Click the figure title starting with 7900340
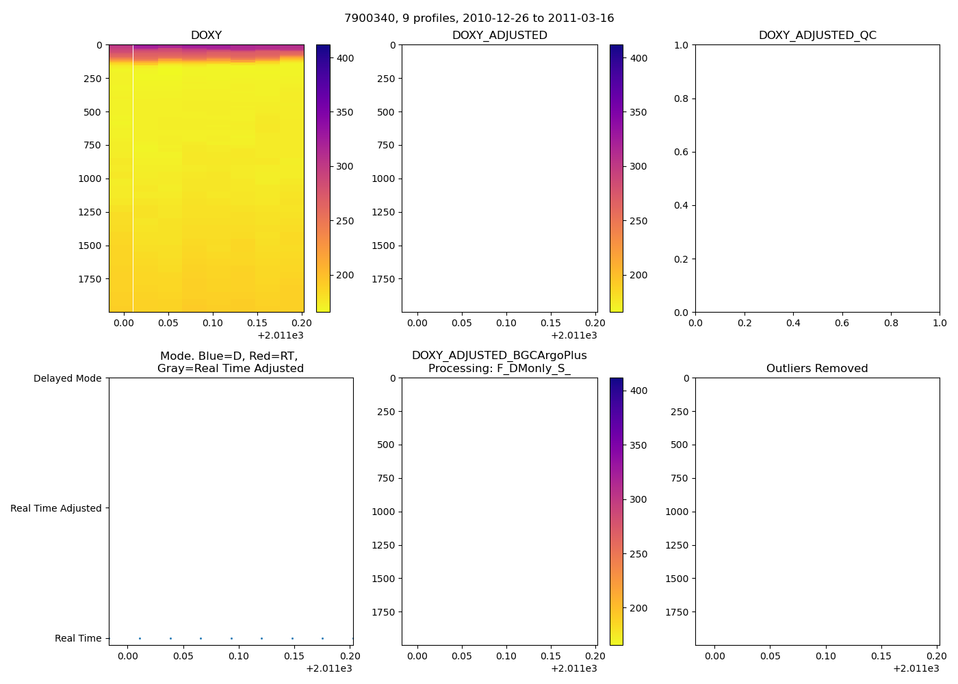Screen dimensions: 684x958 pos(479,18)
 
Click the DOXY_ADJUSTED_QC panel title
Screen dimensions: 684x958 pos(817,36)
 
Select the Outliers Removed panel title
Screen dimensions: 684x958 pos(817,369)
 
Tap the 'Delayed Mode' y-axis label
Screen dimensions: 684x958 pos(67,378)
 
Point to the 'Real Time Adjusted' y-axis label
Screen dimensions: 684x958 pos(55,508)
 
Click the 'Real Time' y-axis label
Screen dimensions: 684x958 pos(78,638)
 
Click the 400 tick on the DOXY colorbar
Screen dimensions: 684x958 pos(346,58)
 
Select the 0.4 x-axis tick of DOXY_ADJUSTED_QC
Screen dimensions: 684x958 pos(793,323)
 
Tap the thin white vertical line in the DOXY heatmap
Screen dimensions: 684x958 pos(133,178)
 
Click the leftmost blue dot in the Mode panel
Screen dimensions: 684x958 pos(140,638)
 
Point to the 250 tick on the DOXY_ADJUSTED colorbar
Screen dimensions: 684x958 pos(638,221)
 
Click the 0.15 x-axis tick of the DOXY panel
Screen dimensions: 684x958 pos(257,323)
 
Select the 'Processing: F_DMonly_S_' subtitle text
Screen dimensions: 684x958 pos(499,369)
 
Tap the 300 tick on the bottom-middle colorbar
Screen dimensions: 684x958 pos(638,499)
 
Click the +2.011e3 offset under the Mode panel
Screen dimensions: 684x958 pos(329,668)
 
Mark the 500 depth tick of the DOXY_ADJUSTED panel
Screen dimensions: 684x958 pos(385,112)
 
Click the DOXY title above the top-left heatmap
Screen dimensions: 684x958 pos(206,36)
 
